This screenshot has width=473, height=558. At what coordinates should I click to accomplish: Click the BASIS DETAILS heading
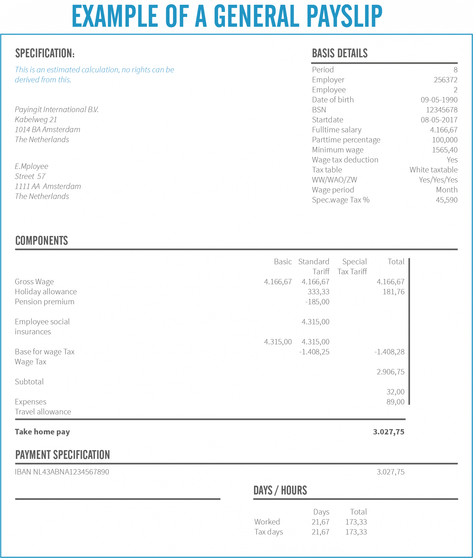[x=340, y=53]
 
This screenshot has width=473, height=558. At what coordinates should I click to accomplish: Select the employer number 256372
[x=445, y=80]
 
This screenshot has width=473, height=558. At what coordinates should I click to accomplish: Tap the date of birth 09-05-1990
[x=439, y=100]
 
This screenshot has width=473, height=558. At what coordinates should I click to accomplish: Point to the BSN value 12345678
[x=441, y=110]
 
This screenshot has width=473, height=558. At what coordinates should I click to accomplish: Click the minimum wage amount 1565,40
[x=445, y=150]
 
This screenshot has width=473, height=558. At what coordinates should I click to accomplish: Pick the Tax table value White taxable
[x=433, y=170]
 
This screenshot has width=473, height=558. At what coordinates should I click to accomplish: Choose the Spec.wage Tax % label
[x=341, y=200]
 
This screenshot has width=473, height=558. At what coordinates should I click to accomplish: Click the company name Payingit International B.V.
[x=57, y=110]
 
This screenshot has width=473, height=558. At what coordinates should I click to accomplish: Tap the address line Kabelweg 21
[x=36, y=120]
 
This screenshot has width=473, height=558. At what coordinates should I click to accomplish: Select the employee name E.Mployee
[x=32, y=166]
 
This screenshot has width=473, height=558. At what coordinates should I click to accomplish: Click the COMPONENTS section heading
[x=42, y=241]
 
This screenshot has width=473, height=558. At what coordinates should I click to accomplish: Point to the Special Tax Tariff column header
[x=353, y=267]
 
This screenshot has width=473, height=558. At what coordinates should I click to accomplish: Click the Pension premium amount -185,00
[x=317, y=302]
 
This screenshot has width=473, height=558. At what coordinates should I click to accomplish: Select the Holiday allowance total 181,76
[x=393, y=292]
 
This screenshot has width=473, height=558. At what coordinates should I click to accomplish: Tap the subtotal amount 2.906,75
[x=390, y=372]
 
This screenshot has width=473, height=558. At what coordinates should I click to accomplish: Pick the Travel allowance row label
[x=43, y=412]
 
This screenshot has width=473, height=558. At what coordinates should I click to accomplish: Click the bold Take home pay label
[x=42, y=432]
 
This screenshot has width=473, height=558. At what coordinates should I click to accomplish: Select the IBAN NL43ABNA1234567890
[x=62, y=472]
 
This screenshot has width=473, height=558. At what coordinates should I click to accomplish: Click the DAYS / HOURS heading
[x=280, y=491]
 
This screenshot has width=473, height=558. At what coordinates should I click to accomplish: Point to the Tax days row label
[x=269, y=532]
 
